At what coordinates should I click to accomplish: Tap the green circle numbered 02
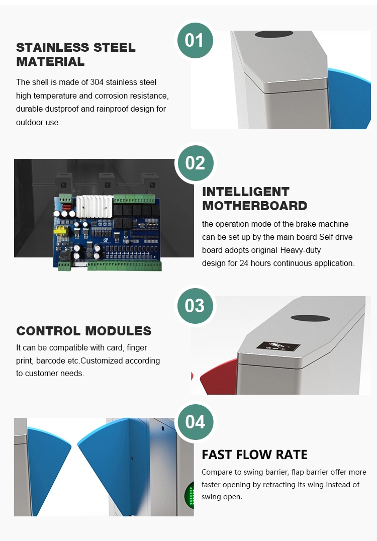tap(195, 163)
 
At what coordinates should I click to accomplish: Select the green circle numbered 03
tap(195, 306)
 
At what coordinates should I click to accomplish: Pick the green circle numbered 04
tap(195, 422)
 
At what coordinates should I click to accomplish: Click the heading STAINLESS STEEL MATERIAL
tap(76, 54)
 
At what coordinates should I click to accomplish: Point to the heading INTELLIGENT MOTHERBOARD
tap(254, 199)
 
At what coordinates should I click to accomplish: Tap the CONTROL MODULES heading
tap(84, 331)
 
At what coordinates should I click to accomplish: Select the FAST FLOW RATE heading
tap(254, 455)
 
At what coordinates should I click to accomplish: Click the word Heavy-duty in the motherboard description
tap(301, 250)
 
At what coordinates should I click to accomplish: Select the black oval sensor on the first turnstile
tap(274, 34)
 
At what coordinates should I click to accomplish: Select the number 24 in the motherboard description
tap(244, 263)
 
